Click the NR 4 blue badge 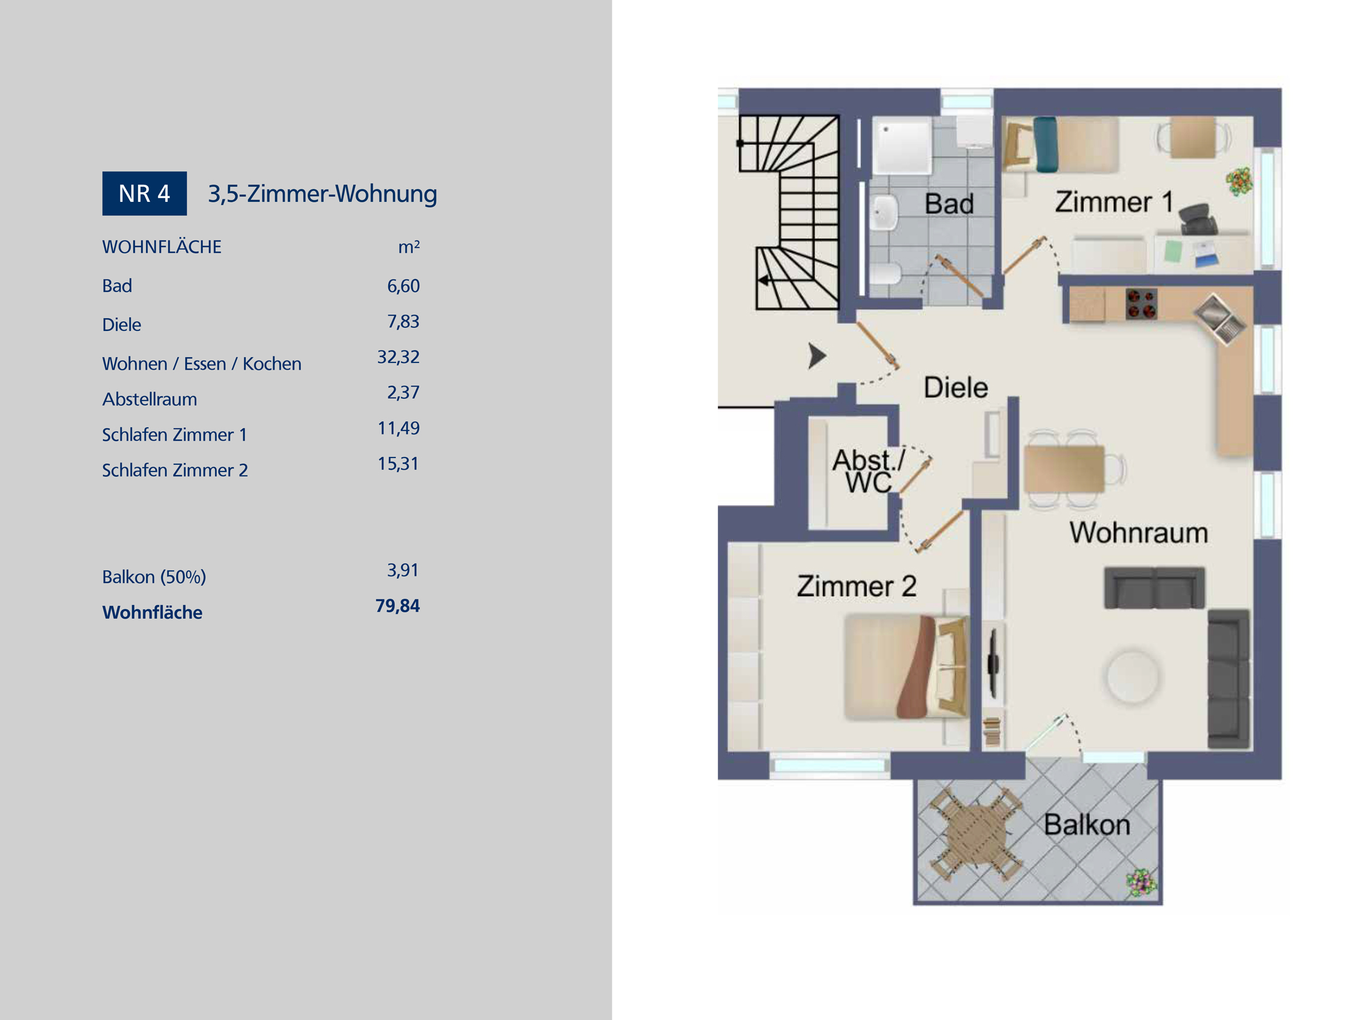144,193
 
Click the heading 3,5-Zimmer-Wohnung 322,194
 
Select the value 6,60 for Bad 403,286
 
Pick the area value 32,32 398,357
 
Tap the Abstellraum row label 149,399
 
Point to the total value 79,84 397,605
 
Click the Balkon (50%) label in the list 154,577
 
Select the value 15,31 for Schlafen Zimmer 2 398,464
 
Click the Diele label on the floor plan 956,387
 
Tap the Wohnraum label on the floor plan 1138,532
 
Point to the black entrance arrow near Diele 817,356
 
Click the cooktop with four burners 1141,304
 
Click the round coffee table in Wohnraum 1132,677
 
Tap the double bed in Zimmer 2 906,667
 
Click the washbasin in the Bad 885,212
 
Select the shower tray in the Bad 901,146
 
